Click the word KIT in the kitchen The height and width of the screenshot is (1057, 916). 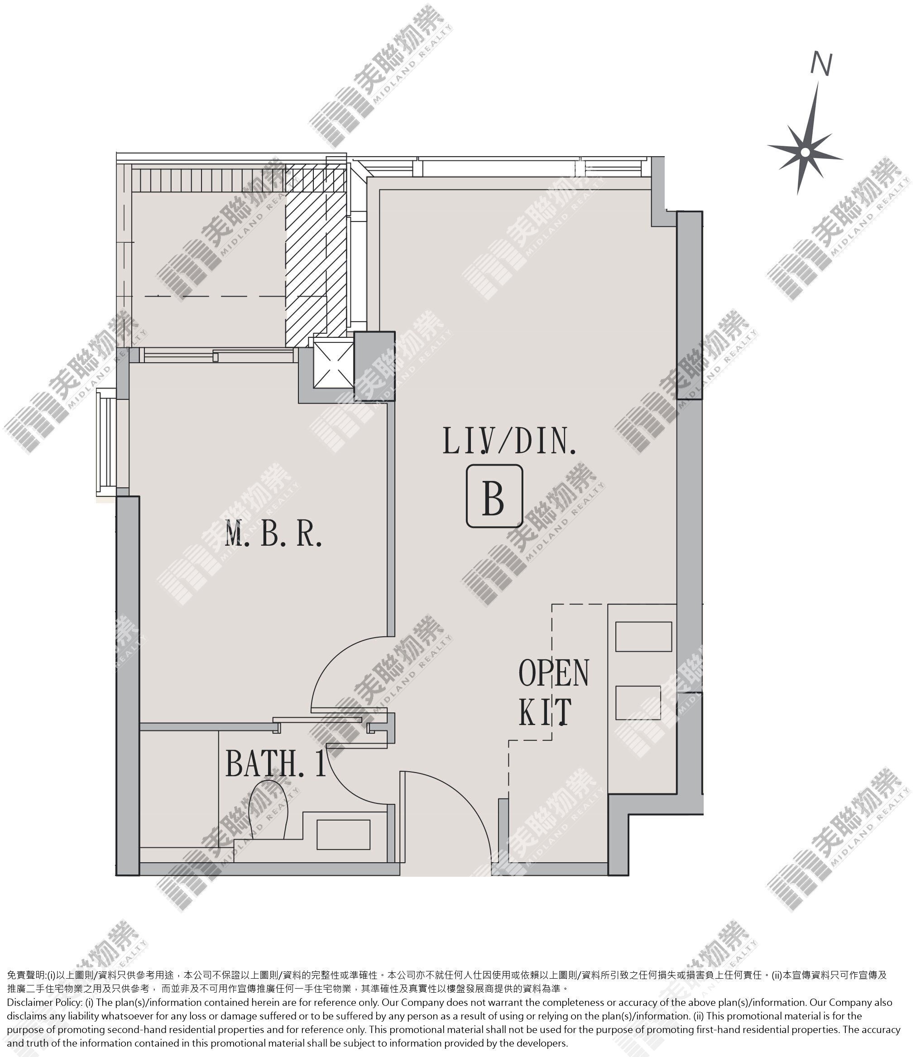tap(545, 711)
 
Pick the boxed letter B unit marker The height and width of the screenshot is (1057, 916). tap(494, 496)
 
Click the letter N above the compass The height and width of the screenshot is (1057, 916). tap(821, 64)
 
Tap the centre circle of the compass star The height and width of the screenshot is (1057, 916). tap(805, 152)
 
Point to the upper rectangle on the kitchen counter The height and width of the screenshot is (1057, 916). tap(643, 636)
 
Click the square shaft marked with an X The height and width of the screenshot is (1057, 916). tap(333, 365)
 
